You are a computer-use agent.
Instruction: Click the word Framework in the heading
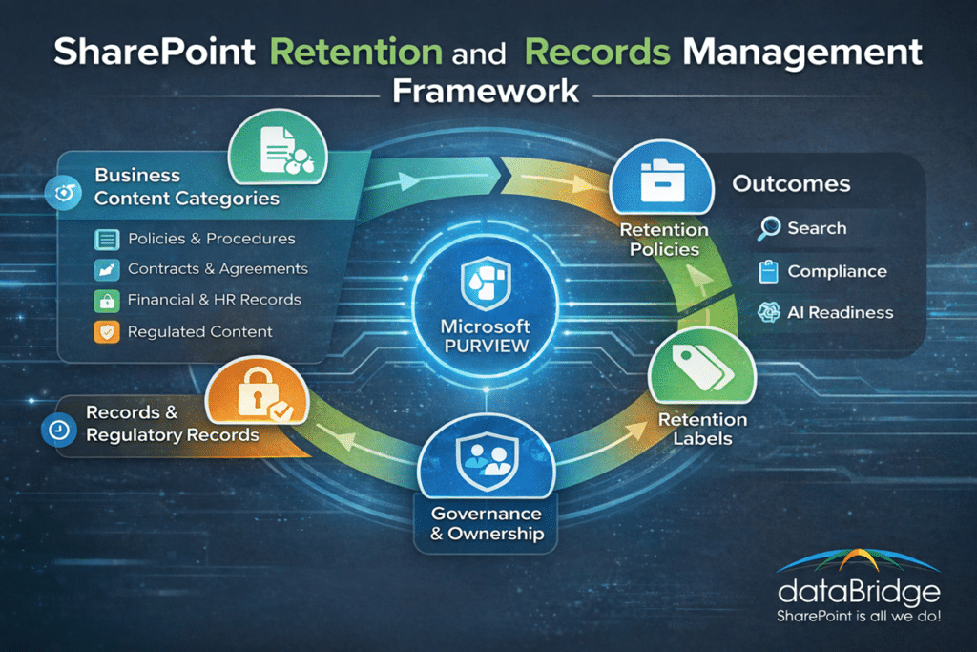pos(486,91)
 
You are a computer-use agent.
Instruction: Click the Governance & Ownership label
pos(485,522)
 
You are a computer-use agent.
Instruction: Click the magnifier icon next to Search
pos(768,228)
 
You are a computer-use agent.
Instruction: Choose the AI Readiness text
pos(840,313)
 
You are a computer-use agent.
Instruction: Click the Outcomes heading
pos(791,183)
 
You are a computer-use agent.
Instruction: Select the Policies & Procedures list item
pos(211,239)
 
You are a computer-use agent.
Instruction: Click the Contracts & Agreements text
pos(218,269)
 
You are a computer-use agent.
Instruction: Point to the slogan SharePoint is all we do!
pos(859,617)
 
